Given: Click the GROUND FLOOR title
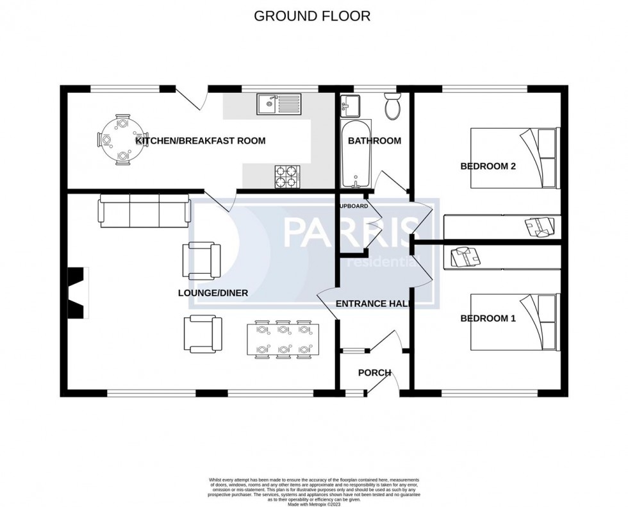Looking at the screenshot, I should point(312,16).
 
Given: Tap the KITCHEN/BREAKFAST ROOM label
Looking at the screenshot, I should point(200,141).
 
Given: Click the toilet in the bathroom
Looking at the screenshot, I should point(392,106).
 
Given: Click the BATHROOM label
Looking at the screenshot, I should point(374,141).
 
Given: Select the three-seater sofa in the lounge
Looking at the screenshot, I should point(144,211).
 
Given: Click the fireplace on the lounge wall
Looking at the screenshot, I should point(77,292).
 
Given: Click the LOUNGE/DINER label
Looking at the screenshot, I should point(213,294).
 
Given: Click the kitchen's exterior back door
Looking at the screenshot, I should point(191,98).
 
